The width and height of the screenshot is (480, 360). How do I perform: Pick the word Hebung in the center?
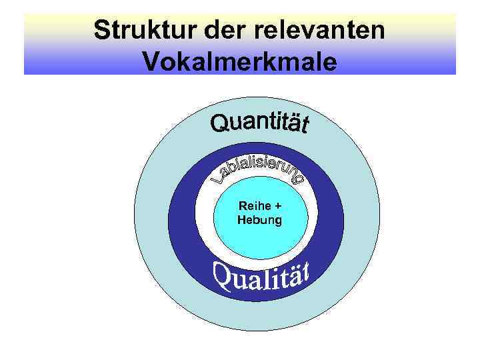[x=259, y=219]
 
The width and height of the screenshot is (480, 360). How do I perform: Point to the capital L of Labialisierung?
[x=218, y=178]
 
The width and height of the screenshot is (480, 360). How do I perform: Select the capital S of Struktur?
[x=101, y=31]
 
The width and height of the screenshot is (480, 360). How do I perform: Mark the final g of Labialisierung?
[x=299, y=178]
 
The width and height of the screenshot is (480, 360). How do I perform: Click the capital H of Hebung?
[x=241, y=219]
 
